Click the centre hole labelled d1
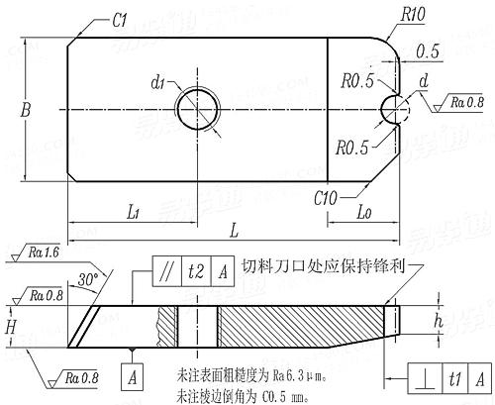pyautogui.click(x=195, y=105)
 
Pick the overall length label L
pyautogui.click(x=234, y=230)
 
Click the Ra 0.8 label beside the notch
pyautogui.click(x=467, y=100)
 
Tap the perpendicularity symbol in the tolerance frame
pyautogui.click(x=422, y=380)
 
